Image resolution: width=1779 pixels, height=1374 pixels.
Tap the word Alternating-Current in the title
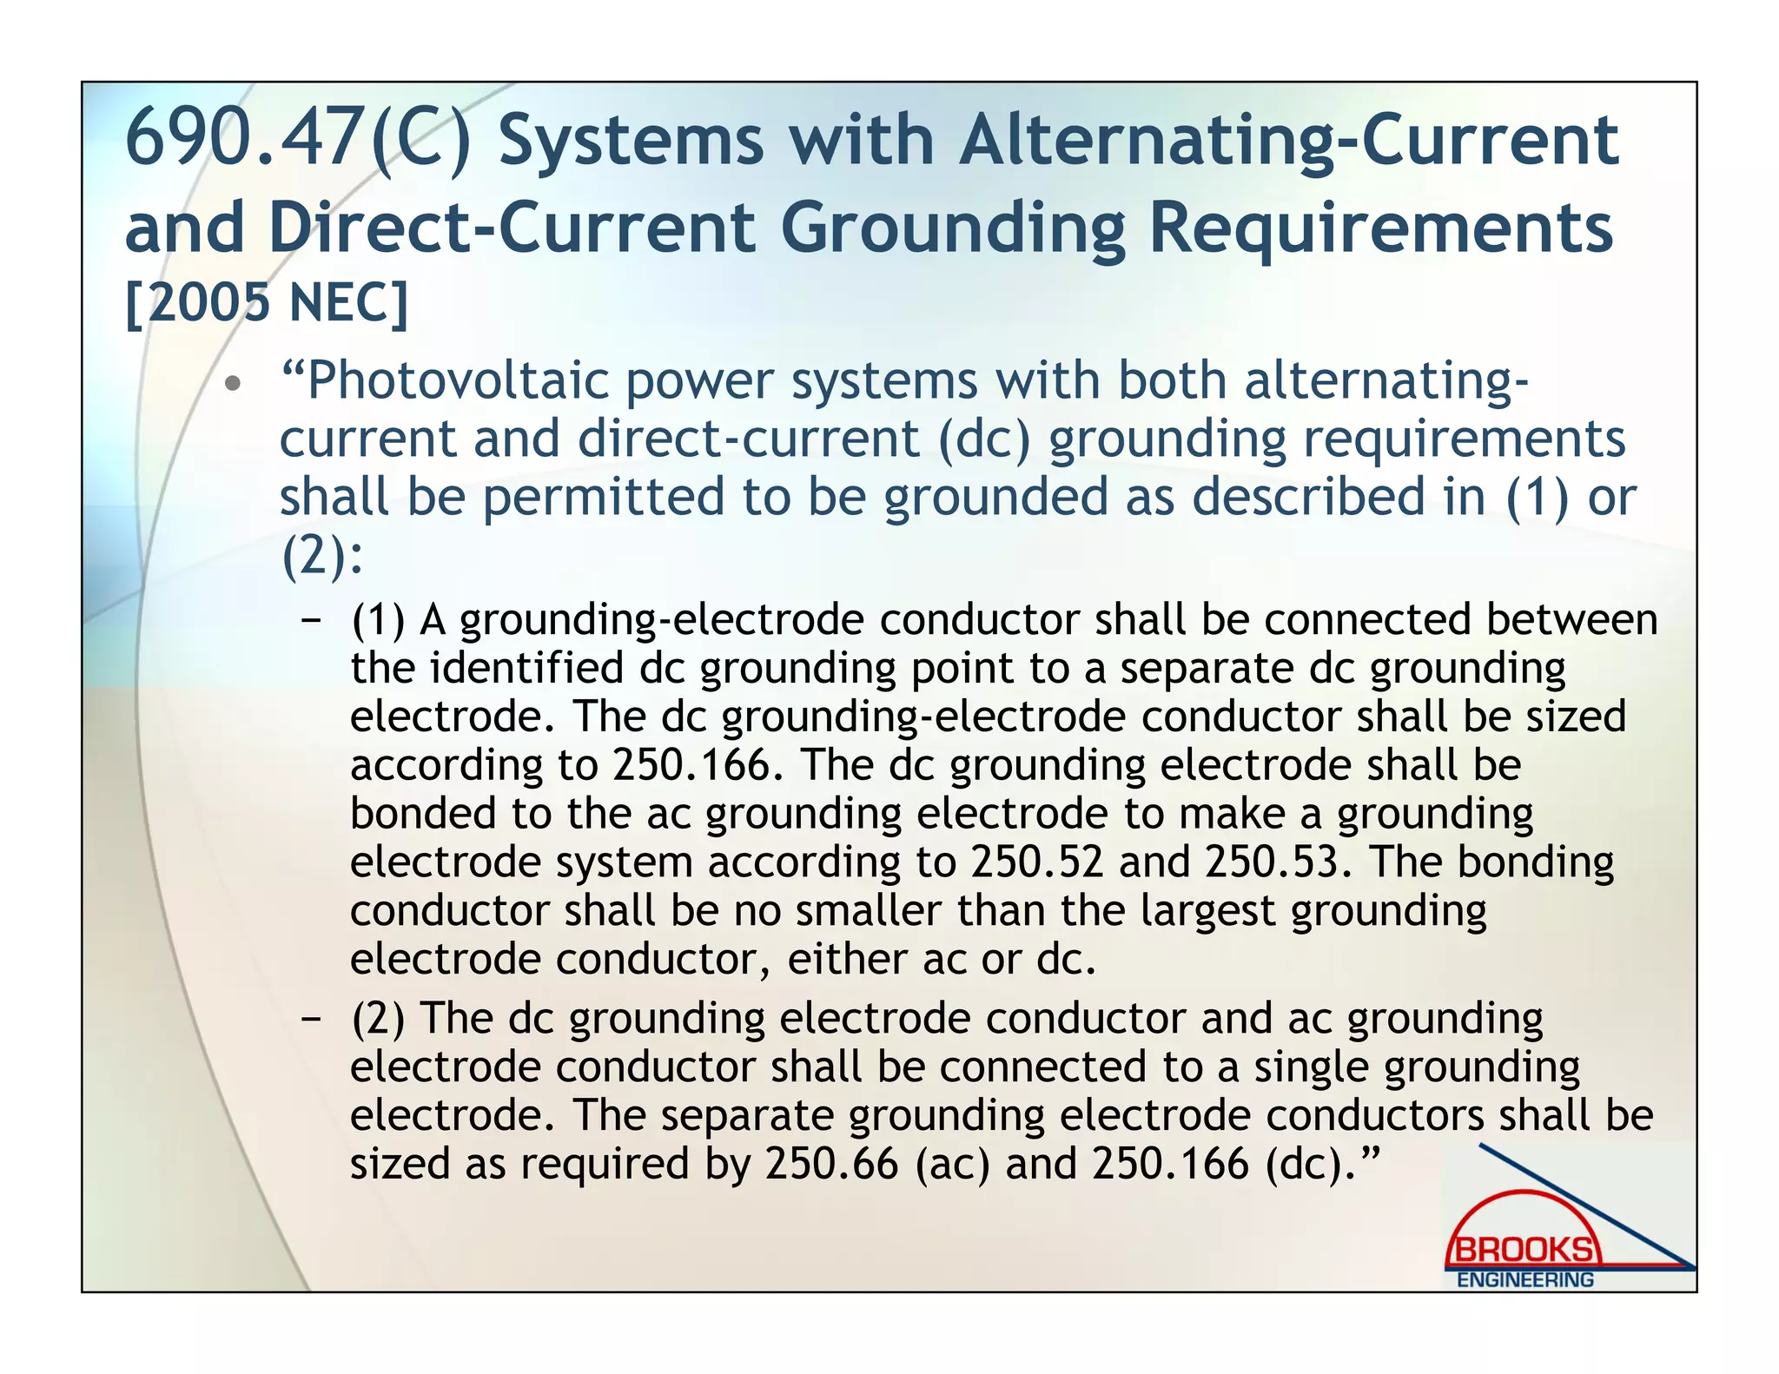(1288, 141)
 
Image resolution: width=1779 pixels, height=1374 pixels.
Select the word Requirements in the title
(1381, 228)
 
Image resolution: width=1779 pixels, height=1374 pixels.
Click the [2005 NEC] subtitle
(267, 303)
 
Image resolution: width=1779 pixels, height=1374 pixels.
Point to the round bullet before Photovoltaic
(231, 384)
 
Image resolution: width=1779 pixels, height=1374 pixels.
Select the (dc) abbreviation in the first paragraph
(983, 439)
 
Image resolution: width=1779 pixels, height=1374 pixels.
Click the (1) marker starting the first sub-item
(378, 620)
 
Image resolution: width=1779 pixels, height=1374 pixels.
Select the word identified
(526, 668)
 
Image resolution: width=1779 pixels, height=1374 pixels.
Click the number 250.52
(1036, 862)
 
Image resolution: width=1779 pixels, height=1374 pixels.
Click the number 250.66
(831, 1164)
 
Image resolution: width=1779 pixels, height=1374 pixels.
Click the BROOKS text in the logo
(1524, 1251)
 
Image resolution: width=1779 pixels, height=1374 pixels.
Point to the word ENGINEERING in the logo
(1524, 1280)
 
